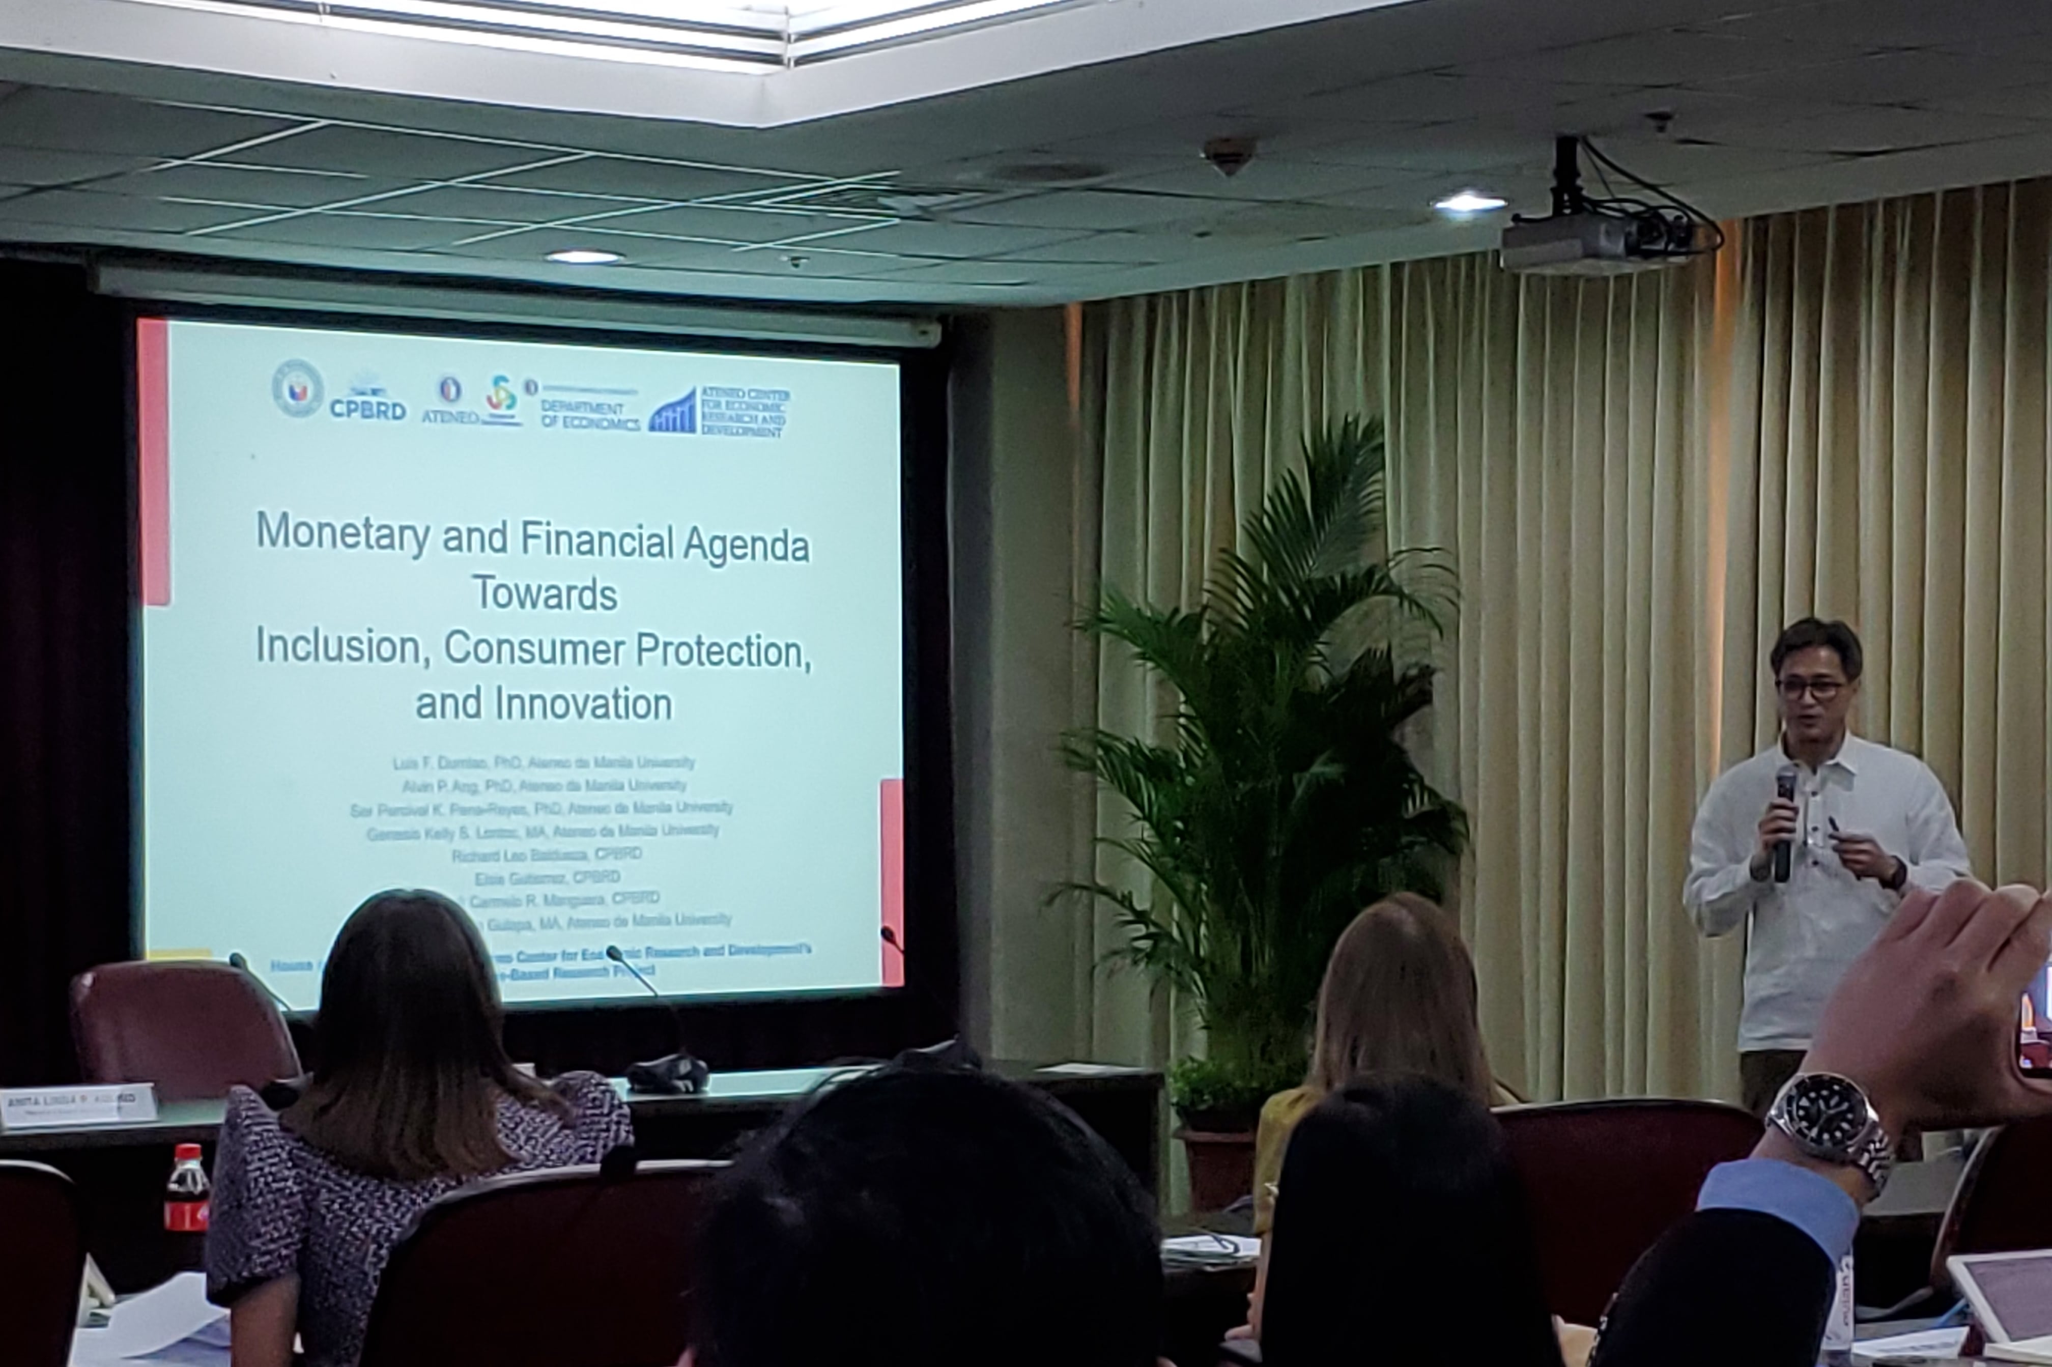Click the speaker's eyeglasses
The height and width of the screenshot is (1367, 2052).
coord(1811,689)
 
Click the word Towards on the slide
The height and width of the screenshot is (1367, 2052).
coord(545,594)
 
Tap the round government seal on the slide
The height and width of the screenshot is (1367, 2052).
coord(297,388)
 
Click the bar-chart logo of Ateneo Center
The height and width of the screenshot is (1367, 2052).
coord(673,412)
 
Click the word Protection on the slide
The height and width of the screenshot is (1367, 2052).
coord(723,651)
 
